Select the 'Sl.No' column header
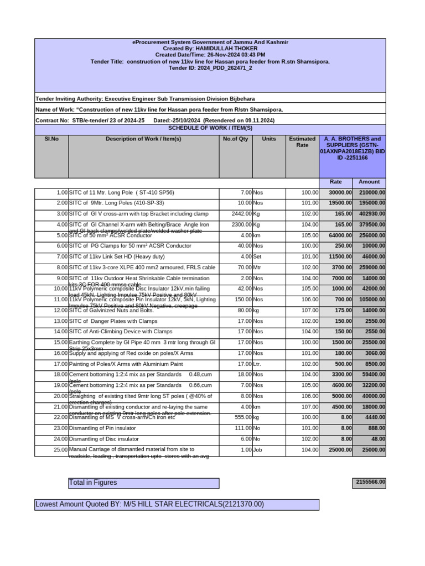coord(51,139)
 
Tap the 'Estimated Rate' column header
coord(302,142)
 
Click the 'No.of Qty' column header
coord(236,139)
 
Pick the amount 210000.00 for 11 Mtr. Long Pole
coord(372,192)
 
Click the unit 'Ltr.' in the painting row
coord(257,364)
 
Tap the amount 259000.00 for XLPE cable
coord(372,268)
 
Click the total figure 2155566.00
coord(369,483)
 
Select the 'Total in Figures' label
coord(93,483)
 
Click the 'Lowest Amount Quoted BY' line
coord(149,505)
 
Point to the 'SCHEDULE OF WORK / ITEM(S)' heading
coord(210,128)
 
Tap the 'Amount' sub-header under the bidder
coord(369,182)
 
